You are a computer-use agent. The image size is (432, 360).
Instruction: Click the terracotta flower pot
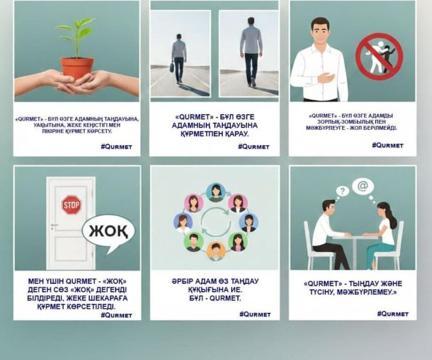[x=77, y=69]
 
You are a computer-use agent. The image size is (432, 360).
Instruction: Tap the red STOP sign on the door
[x=72, y=205]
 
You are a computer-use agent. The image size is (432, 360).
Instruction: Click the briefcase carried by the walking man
[x=172, y=67]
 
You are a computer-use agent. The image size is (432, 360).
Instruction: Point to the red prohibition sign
[x=379, y=56]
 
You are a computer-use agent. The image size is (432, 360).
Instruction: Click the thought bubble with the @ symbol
[x=364, y=187]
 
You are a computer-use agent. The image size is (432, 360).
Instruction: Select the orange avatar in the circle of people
[x=216, y=251]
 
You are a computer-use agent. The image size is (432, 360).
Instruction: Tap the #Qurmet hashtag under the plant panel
[x=116, y=147]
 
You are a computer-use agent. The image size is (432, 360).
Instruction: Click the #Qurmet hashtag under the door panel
[x=116, y=315]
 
